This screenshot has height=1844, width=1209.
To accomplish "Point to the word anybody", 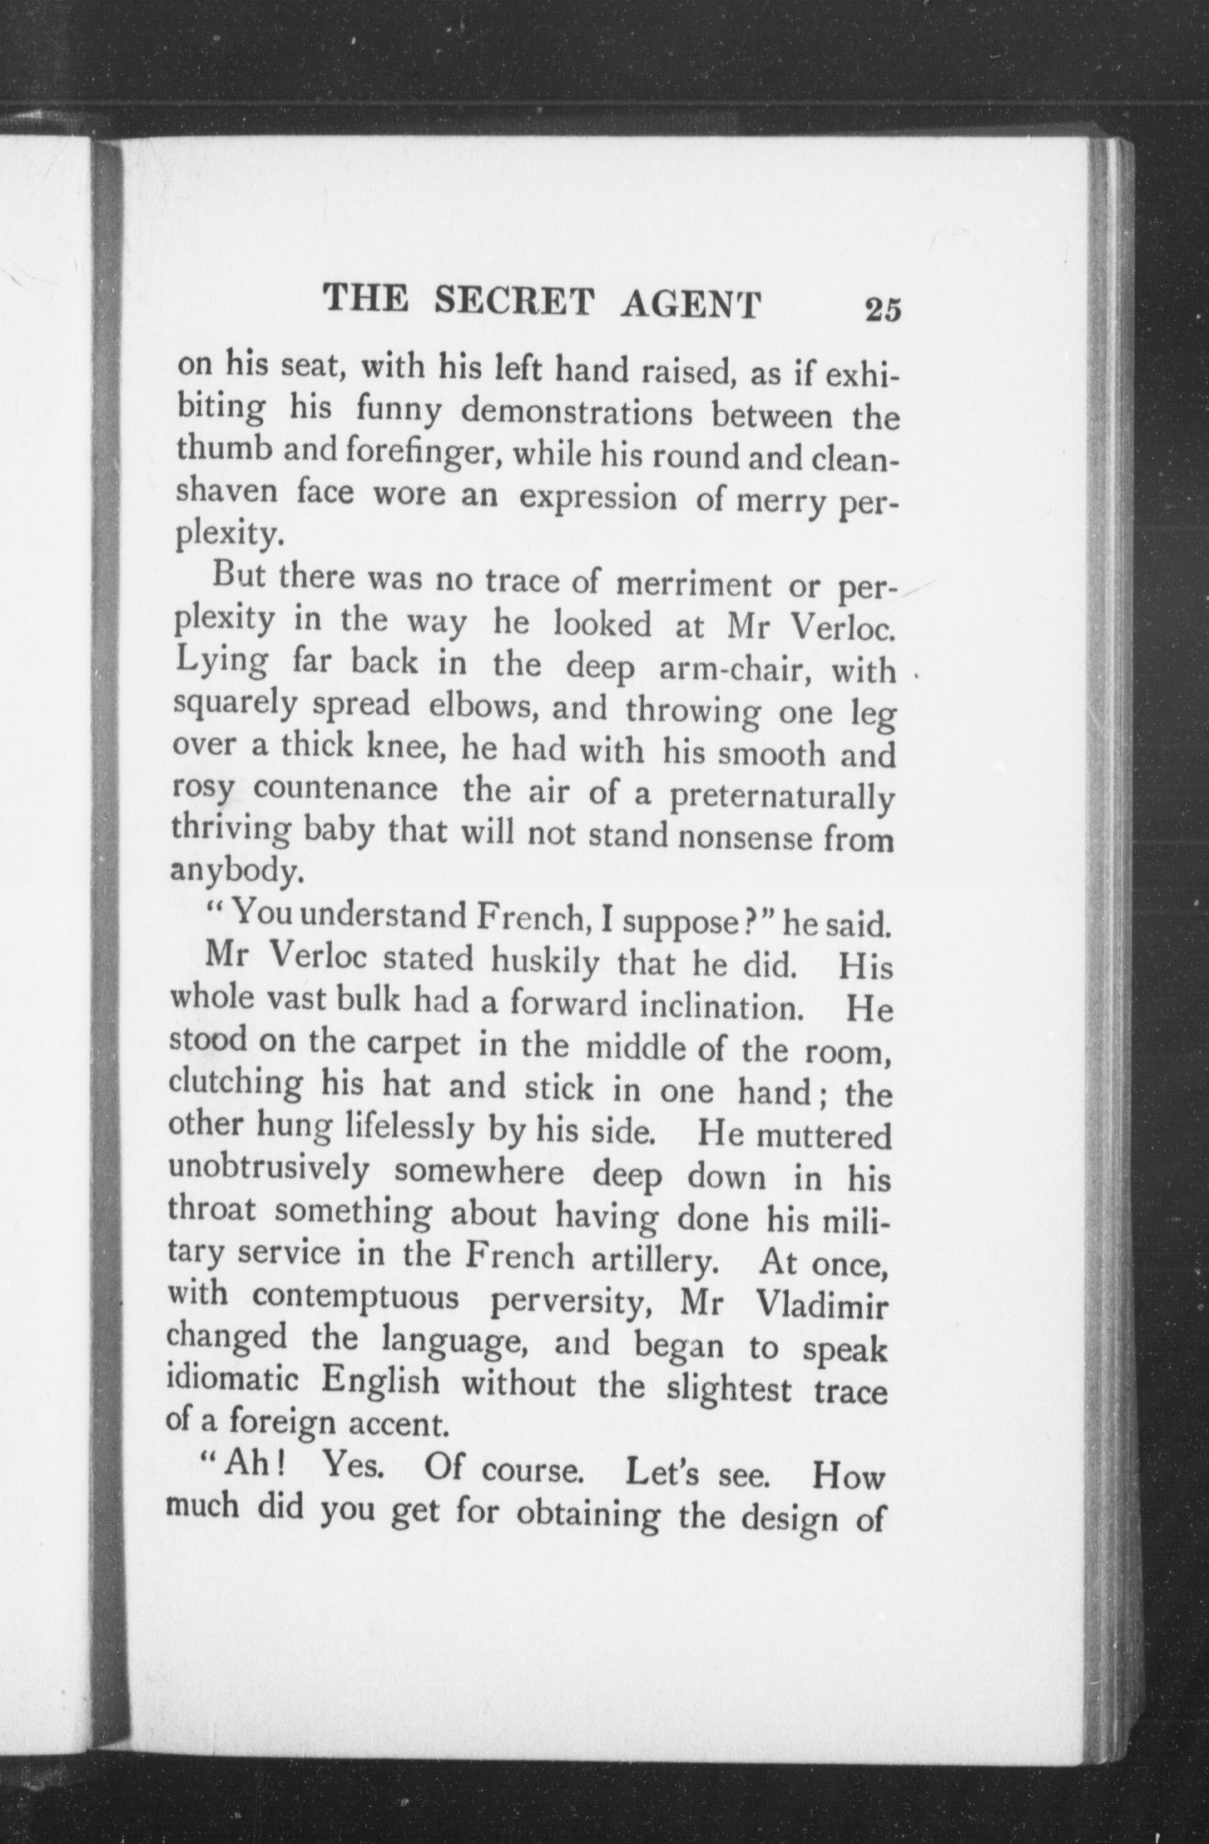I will tap(233, 873).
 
